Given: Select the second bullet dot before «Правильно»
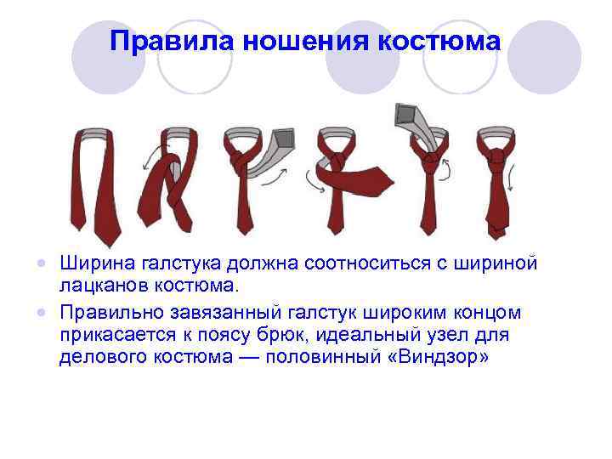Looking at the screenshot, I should tap(51, 314).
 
